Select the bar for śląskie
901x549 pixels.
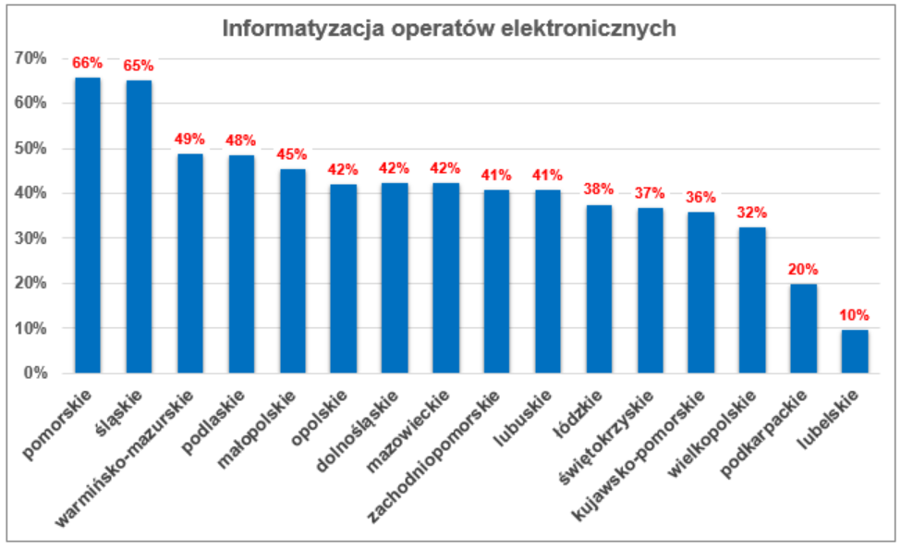(x=139, y=226)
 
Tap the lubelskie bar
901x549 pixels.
(x=855, y=351)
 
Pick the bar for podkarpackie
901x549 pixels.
(x=804, y=328)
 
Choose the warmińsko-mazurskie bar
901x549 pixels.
(x=190, y=263)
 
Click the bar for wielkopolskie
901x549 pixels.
(x=752, y=300)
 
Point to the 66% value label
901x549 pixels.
(x=88, y=63)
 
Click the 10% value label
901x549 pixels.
(x=855, y=315)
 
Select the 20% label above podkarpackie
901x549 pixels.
(x=804, y=270)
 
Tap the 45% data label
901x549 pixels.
(x=293, y=154)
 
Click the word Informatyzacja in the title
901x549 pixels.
(x=291, y=29)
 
